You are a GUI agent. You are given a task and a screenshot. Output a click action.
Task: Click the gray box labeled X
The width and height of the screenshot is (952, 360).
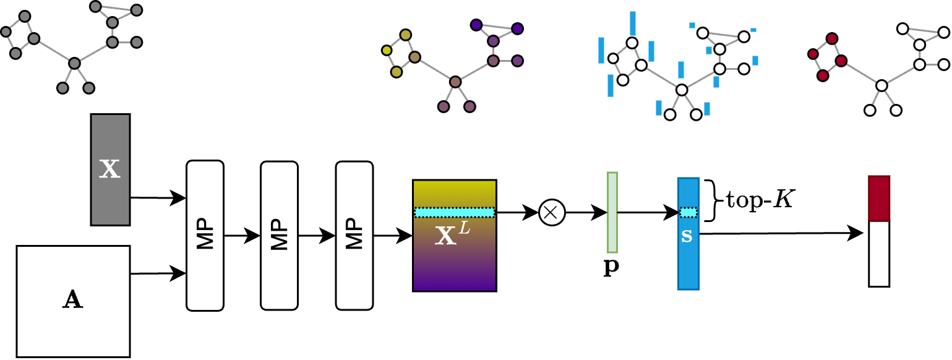click(110, 169)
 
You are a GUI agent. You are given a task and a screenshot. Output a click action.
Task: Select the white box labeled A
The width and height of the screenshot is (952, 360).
click(73, 301)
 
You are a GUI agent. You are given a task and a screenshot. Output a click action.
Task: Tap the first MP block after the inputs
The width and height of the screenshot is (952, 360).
click(205, 236)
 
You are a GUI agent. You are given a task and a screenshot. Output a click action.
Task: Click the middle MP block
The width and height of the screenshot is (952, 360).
click(279, 236)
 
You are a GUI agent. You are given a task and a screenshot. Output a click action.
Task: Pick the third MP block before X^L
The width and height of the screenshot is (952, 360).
click(354, 236)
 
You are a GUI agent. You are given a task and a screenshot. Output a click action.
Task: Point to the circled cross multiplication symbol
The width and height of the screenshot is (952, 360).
click(552, 212)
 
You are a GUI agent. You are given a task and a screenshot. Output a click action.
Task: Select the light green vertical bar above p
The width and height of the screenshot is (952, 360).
click(612, 212)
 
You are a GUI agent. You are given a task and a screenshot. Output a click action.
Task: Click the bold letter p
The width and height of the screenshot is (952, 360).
click(611, 267)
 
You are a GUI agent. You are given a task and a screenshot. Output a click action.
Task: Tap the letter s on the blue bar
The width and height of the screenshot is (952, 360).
click(687, 236)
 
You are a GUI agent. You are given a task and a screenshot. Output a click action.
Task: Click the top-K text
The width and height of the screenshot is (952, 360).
click(760, 199)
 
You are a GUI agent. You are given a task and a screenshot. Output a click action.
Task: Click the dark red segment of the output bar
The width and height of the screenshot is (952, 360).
click(879, 199)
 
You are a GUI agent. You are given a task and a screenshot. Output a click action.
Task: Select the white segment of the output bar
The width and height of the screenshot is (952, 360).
click(879, 254)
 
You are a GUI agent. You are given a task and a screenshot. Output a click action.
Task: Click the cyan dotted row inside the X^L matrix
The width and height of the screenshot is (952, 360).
click(454, 212)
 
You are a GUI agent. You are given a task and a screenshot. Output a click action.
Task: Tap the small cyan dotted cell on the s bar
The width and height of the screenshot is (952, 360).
click(688, 212)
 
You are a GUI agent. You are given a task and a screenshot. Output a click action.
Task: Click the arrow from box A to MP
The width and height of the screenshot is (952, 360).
click(158, 273)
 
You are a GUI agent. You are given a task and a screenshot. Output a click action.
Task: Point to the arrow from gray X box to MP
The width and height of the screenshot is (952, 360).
click(158, 198)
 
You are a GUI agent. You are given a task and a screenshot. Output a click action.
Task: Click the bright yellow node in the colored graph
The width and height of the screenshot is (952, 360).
click(387, 51)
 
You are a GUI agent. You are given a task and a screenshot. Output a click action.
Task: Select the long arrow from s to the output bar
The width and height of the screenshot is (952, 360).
click(781, 233)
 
